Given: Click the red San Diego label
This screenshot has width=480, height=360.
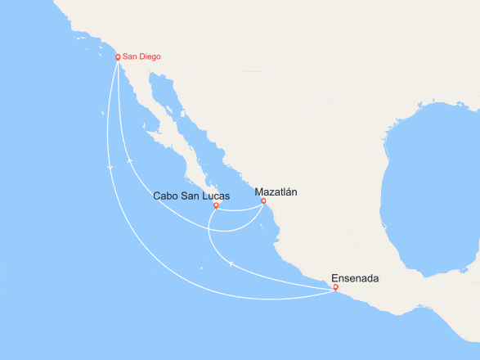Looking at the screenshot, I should point(141,56).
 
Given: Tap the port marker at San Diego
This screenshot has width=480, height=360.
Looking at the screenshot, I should point(118,57).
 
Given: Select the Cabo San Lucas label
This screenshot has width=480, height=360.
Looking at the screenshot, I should point(191,196).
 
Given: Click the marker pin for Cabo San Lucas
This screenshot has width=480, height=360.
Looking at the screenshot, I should point(216,205).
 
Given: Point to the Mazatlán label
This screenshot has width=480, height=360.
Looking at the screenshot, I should point(276,191).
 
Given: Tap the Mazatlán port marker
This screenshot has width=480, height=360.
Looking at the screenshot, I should point(263,200).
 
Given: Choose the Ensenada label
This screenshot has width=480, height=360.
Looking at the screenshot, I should point(354,278).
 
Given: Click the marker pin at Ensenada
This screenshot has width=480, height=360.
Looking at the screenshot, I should point(336,287).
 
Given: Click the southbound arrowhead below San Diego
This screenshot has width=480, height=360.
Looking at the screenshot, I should point(110,168).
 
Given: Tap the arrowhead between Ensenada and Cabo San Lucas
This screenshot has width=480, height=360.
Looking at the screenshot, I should point(231,263).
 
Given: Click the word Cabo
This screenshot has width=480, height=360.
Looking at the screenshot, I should point(168,196).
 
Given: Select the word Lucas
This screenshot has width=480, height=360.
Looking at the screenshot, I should point(215,196).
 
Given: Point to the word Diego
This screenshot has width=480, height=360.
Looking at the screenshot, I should point(149,56).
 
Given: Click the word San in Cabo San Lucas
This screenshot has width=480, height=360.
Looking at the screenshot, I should point(191,196).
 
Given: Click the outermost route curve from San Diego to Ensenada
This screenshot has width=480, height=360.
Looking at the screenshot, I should point(164,270).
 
